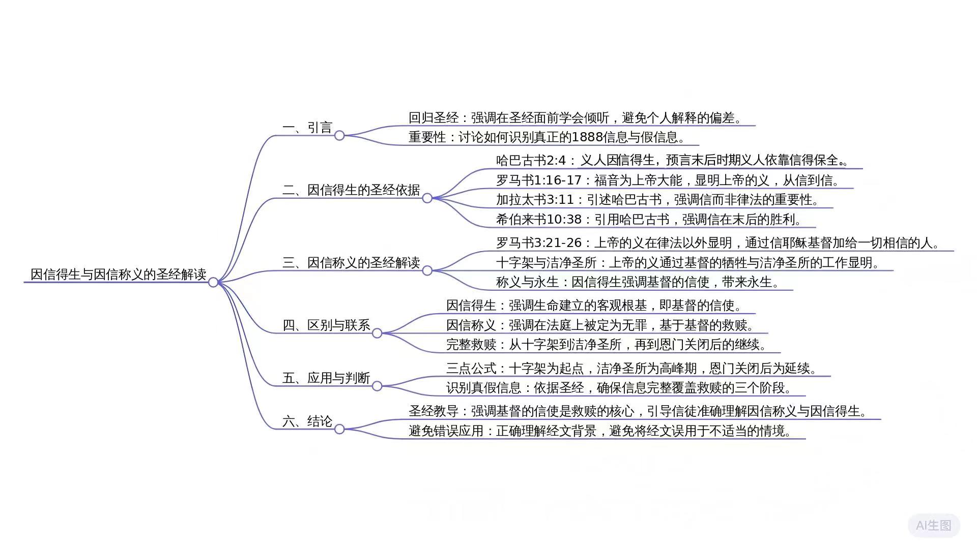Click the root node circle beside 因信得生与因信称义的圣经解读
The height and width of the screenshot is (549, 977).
pos(213,282)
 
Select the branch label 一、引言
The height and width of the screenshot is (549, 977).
pos(307,128)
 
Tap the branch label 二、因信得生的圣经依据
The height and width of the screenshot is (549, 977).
pos(351,190)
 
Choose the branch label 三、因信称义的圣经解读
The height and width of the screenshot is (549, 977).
pos(351,263)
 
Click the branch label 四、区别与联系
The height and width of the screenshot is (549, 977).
pos(326,325)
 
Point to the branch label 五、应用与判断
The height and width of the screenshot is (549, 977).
pos(326,378)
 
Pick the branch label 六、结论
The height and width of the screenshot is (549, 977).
pos(307,421)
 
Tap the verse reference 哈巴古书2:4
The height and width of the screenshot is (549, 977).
pos(531,161)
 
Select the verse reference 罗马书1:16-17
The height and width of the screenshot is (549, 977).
pos(538,180)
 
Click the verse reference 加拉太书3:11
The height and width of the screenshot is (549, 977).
pos(535,200)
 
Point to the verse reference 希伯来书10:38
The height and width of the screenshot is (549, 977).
pos(538,220)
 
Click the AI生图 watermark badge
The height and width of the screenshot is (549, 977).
pos(933,525)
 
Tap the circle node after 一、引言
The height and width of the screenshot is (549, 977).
pos(339,136)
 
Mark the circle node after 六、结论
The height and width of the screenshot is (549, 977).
pos(339,430)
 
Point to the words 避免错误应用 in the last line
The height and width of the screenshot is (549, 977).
pos(446,431)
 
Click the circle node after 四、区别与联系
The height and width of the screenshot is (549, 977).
pos(377,333)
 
